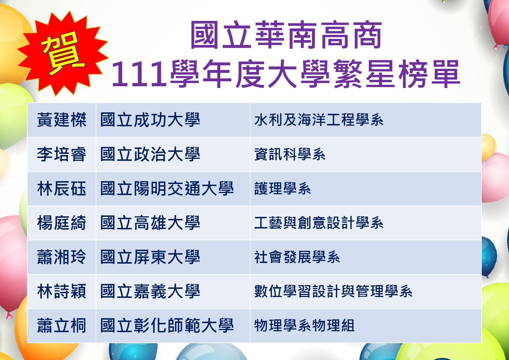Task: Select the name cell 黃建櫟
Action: pyautogui.click(x=62, y=120)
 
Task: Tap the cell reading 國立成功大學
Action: pyautogui.click(x=150, y=120)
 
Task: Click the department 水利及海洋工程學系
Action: pyautogui.click(x=319, y=120)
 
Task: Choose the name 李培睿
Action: pyautogui.click(x=62, y=154)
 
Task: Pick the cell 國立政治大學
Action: pyautogui.click(x=150, y=154)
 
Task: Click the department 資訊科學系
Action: pyautogui.click(x=290, y=154)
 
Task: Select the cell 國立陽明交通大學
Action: pyautogui.click(x=167, y=188)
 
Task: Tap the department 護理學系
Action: pyautogui.click(x=283, y=188)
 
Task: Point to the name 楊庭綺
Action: pyautogui.click(x=62, y=223)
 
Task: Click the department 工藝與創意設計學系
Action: pyautogui.click(x=319, y=223)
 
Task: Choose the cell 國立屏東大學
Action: pyautogui.click(x=150, y=257)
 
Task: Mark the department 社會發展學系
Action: pyautogui.click(x=297, y=257)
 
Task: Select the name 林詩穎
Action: pyautogui.click(x=62, y=291)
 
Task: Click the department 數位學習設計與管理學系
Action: pyautogui.click(x=333, y=291)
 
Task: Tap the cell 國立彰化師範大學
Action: pyautogui.click(x=167, y=325)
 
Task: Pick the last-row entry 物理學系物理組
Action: pyautogui.click(x=304, y=325)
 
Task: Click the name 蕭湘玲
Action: pyautogui.click(x=62, y=257)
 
